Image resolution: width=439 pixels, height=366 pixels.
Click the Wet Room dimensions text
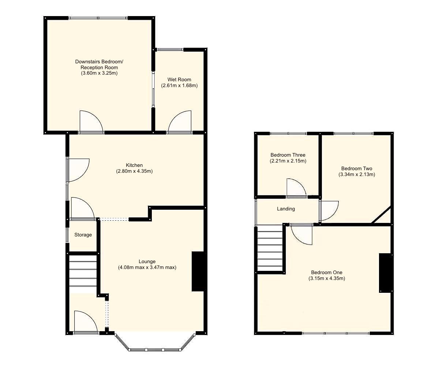(x=179, y=86)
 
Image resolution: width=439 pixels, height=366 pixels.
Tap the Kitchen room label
(x=134, y=165)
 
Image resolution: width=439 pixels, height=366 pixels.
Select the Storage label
(x=83, y=235)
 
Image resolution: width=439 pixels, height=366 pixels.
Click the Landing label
(x=286, y=209)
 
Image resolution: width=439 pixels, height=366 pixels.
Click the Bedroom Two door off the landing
(x=329, y=211)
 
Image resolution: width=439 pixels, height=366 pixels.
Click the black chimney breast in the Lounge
(x=198, y=271)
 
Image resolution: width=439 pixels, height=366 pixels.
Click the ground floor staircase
(x=83, y=274)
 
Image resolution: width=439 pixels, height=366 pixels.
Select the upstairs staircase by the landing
(x=270, y=248)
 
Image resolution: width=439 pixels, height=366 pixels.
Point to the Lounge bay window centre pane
(x=154, y=350)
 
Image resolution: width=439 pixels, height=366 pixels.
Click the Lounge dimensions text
(x=147, y=268)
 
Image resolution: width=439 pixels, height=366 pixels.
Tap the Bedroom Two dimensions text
(x=357, y=175)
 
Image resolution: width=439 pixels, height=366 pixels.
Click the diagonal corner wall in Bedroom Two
(x=382, y=215)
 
